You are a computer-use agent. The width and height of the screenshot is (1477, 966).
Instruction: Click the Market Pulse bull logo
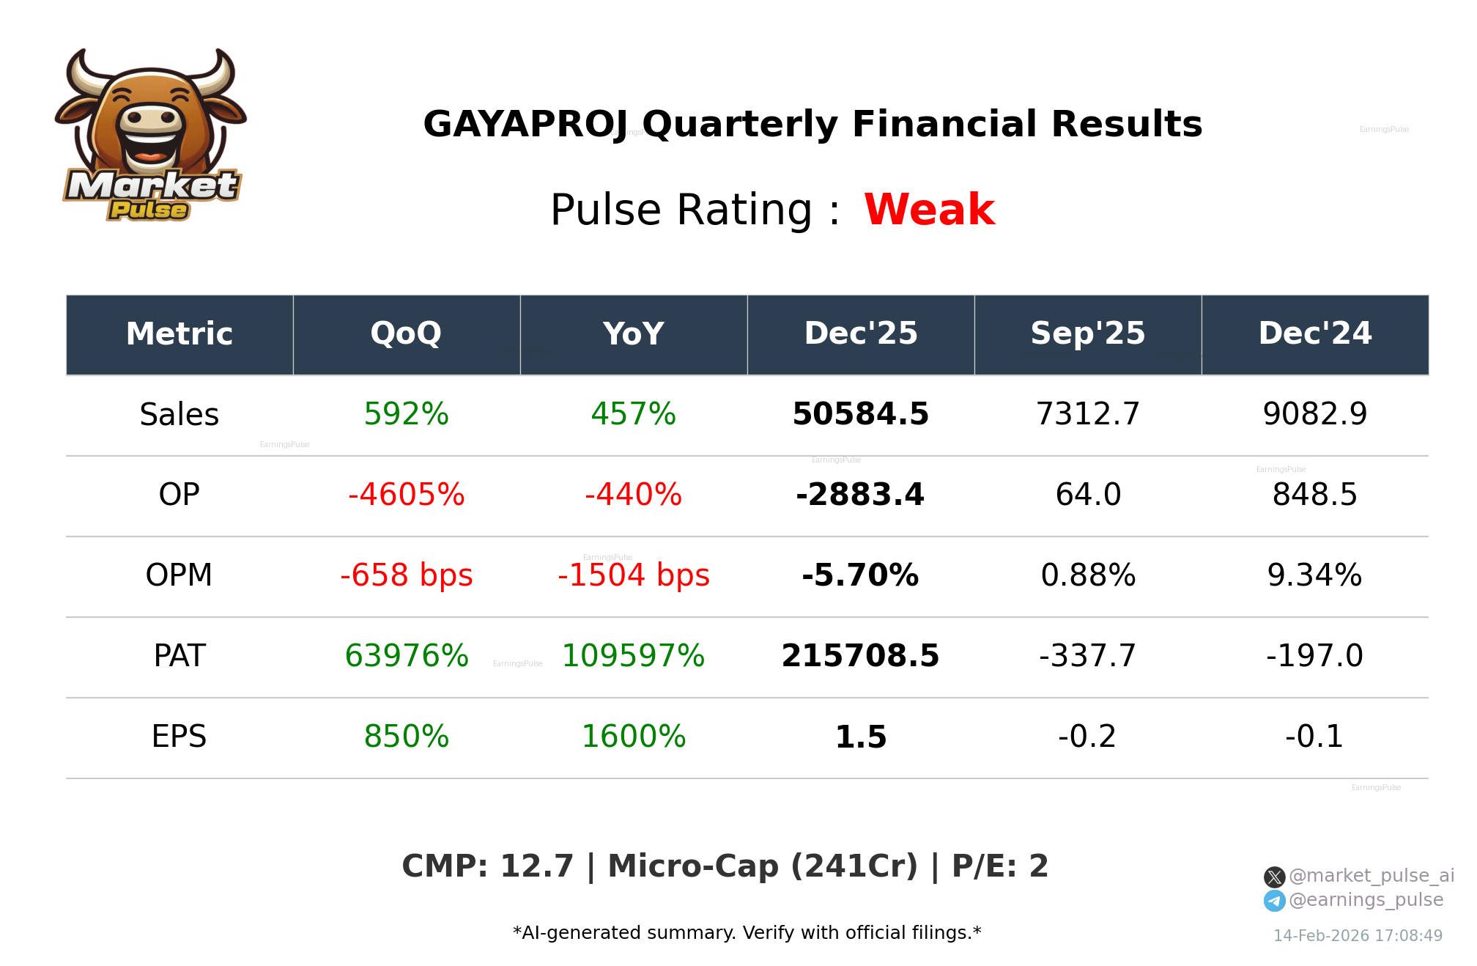pos(150,136)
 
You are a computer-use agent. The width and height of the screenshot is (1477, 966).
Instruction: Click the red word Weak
pos(929,210)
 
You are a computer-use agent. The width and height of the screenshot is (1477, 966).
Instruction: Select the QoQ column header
pos(406,334)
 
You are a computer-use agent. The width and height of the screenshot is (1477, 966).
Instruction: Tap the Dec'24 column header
pos(1314,334)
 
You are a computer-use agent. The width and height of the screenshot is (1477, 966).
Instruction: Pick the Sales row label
pos(179,415)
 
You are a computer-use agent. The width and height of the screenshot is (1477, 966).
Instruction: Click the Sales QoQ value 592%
pos(406,415)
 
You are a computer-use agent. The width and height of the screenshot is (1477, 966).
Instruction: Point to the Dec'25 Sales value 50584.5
pos(860,415)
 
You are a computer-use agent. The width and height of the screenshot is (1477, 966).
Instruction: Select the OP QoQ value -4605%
pos(406,495)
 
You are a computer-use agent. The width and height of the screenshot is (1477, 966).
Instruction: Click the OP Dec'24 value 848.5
pos(1314,495)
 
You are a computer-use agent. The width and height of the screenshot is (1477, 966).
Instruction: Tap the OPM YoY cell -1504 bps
pos(633,576)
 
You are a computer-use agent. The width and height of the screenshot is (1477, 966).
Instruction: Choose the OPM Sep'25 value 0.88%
pos(1087,576)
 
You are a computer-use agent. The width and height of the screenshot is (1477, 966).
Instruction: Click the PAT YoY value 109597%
pos(633,657)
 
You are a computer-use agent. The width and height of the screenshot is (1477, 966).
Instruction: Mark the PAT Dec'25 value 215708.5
pos(860,657)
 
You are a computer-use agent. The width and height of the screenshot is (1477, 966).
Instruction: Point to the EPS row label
pos(179,737)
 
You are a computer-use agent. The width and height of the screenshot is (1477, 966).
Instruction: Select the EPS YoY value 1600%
pos(633,737)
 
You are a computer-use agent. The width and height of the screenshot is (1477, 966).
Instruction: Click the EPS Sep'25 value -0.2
pos(1087,737)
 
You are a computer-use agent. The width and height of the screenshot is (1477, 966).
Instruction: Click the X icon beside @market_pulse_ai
pos(1274,877)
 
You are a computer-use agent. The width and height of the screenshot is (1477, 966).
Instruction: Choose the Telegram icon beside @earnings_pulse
pos(1274,901)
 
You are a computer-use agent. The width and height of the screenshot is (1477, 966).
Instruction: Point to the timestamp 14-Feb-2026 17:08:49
pos(1358,936)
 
